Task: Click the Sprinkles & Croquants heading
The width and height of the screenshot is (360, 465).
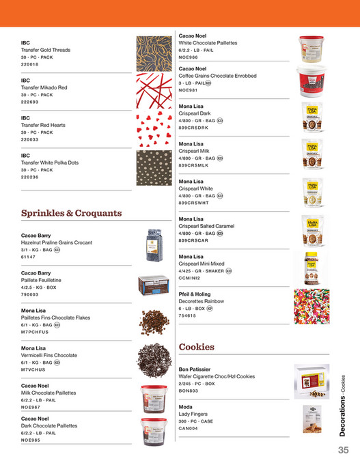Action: click(x=72, y=213)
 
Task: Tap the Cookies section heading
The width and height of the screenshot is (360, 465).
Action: click(x=197, y=348)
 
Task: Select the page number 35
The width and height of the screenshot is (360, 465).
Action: click(x=343, y=451)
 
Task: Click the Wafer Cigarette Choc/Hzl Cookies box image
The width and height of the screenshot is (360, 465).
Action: click(x=311, y=380)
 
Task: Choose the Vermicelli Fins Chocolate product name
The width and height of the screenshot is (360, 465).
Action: click(x=49, y=355)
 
